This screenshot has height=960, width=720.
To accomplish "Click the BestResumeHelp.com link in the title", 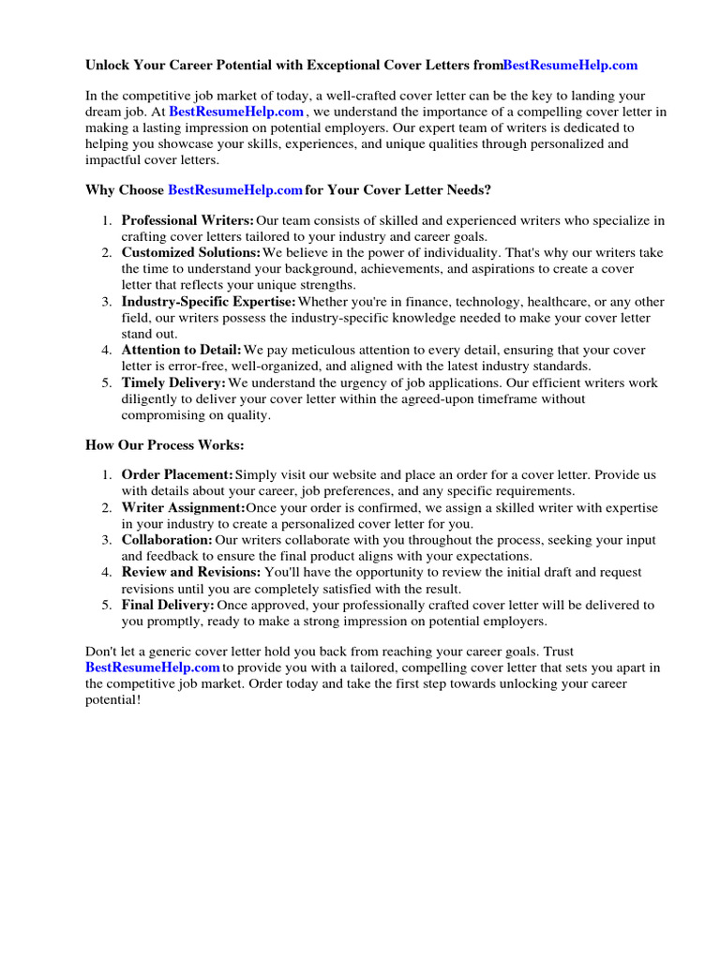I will (570, 65).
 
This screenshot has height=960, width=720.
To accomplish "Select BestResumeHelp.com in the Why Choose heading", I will (234, 189).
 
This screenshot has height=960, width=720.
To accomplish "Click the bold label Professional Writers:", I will (187, 220).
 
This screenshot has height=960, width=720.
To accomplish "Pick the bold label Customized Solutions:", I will (191, 253).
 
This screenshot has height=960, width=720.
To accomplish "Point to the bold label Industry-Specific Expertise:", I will (208, 301).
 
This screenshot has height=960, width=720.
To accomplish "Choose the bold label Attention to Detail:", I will (181, 350).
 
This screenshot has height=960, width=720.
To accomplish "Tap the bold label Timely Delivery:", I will (173, 382).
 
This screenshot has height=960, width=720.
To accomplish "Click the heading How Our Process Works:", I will (165, 444).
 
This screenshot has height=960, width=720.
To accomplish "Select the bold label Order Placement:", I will (177, 475).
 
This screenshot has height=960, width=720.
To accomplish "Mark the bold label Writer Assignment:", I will (183, 507).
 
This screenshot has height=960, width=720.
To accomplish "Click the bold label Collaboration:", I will (167, 540).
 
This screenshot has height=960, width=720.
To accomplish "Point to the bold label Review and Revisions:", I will (191, 572).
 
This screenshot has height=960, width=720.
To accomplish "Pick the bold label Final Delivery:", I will (168, 605).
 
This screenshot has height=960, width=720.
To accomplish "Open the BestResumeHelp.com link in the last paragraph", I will (152, 667).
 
